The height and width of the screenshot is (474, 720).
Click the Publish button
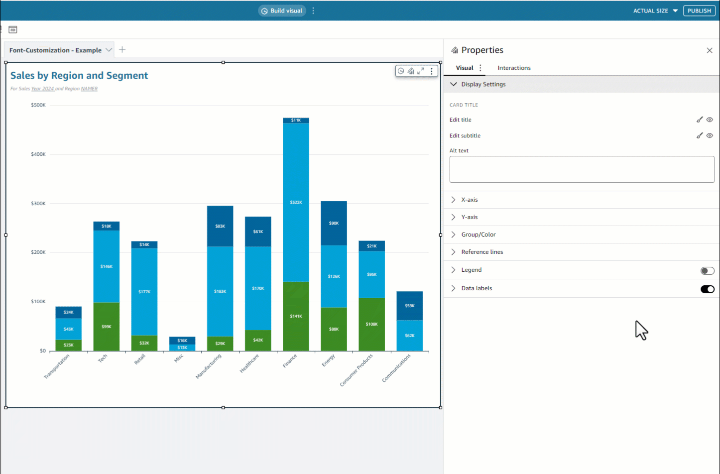(699, 10)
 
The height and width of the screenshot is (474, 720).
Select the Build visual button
(282, 10)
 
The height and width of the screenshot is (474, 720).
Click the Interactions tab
(514, 68)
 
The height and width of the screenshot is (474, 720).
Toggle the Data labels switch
(707, 289)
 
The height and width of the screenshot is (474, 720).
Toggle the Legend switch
(707, 271)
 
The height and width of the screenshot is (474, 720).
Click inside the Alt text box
(582, 169)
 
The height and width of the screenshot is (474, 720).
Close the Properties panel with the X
(710, 50)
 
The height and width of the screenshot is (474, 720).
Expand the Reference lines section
(482, 252)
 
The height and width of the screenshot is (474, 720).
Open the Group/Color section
(478, 235)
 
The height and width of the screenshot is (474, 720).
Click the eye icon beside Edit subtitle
(710, 135)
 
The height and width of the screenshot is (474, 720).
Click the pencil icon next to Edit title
(700, 119)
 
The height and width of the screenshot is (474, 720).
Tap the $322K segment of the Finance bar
(296, 202)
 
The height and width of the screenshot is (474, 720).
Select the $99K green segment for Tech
(107, 327)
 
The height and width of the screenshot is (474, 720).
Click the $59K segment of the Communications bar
(409, 306)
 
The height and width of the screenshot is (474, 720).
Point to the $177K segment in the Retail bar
(144, 292)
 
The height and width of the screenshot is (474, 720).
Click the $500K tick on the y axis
(38, 105)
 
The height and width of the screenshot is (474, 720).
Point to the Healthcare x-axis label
(249, 363)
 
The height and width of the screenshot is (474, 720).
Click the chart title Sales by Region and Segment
(79, 76)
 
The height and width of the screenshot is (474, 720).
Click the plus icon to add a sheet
(122, 50)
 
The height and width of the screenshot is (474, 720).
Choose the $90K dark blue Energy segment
(334, 223)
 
